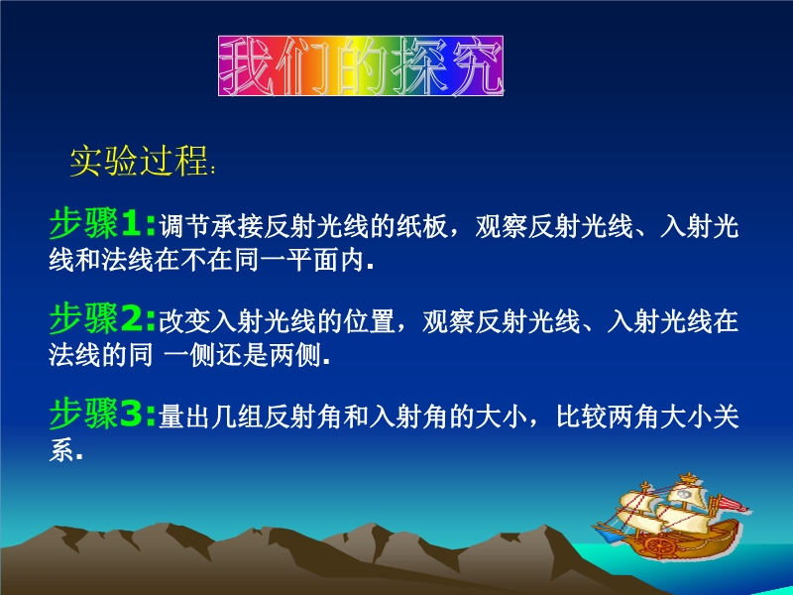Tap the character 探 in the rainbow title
tap(417, 66)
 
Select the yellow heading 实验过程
tap(139, 162)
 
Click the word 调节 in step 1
tap(184, 227)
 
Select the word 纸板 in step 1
tap(422, 227)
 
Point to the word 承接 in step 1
tap(237, 227)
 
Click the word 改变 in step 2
tap(184, 322)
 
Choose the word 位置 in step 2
tap(369, 322)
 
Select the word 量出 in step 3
tap(184, 417)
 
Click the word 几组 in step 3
tap(237, 417)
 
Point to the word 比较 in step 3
tap(582, 417)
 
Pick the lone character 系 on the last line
tap(61, 451)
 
